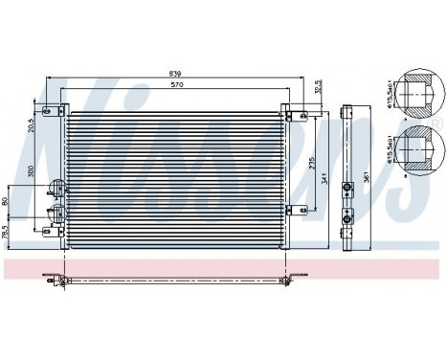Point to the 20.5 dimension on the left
point(32,124)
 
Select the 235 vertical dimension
point(310,163)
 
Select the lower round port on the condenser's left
point(56,213)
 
